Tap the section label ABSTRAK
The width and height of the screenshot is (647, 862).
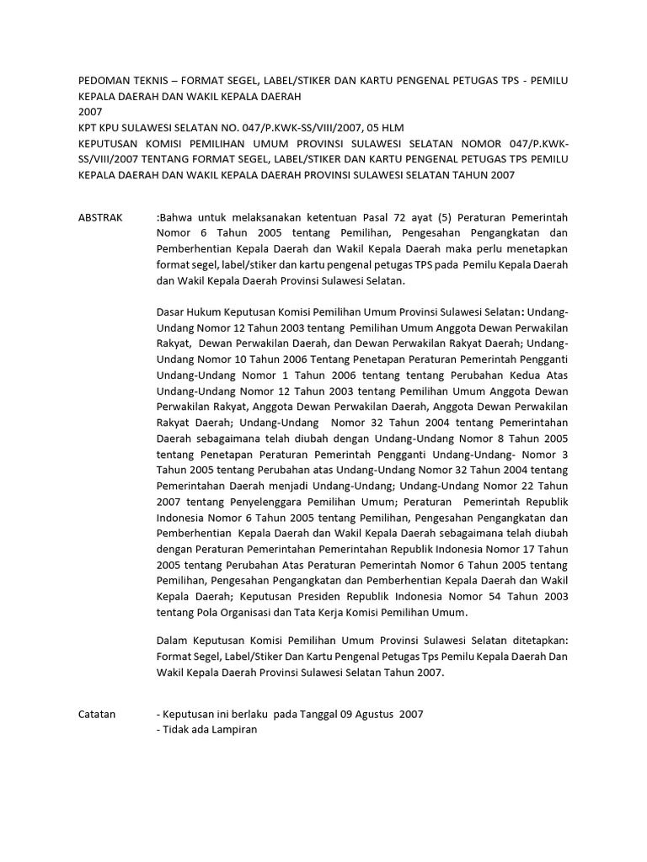pyautogui.click(x=99, y=217)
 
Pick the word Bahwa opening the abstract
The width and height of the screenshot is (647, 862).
pyautogui.click(x=179, y=217)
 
